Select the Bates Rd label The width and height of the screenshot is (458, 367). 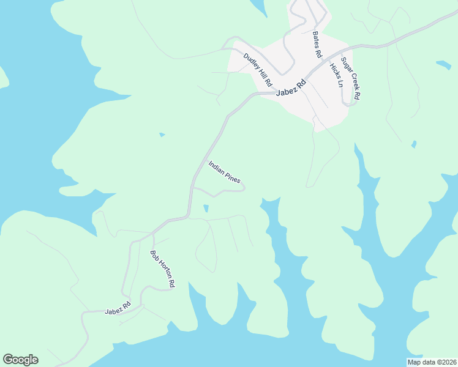tap(317, 45)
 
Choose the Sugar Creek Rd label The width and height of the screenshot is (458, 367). tap(351, 78)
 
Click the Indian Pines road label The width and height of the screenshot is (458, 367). tap(224, 172)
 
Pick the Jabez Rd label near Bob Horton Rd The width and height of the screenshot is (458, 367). tap(118, 306)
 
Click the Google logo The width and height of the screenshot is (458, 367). tap(20, 360)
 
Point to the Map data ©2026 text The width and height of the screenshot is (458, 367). tap(431, 362)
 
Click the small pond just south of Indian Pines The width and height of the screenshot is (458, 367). tap(206, 209)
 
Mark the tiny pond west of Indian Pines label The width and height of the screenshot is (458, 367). tap(162, 135)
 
